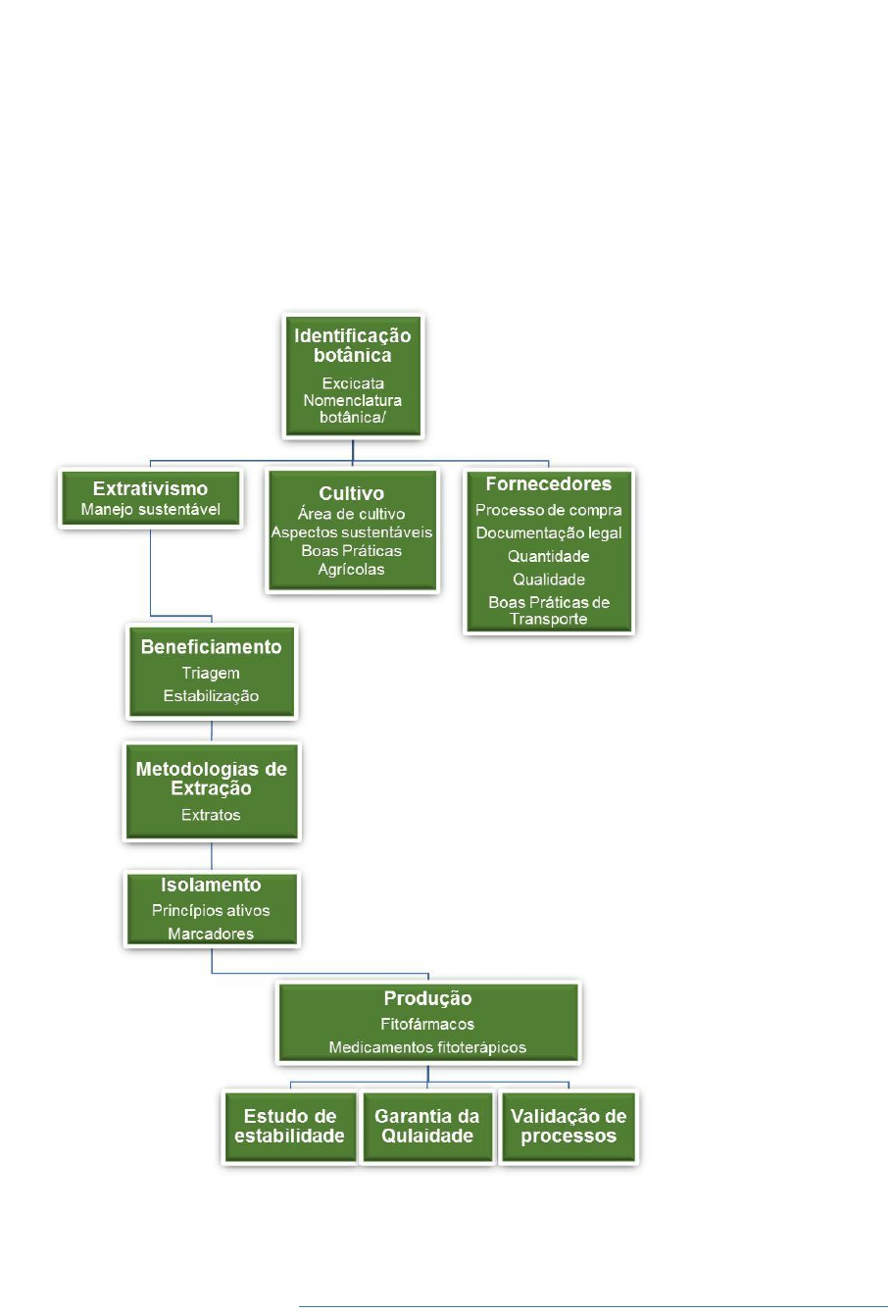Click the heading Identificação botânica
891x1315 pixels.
[x=352, y=345]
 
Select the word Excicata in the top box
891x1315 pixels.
[x=353, y=383]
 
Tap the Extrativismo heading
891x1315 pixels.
[x=150, y=488]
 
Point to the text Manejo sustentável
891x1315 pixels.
[x=150, y=510]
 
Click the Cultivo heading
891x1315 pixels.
[x=351, y=493]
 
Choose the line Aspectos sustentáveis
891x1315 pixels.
[x=351, y=532]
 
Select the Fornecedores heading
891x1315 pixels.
[x=548, y=483]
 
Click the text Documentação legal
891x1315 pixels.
[x=548, y=533]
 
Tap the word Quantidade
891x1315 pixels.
[x=548, y=556]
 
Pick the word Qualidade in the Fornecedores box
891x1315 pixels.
[x=548, y=580]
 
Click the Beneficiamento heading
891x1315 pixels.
[x=212, y=647]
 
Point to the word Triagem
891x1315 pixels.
[x=211, y=674]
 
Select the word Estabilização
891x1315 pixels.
[x=211, y=696]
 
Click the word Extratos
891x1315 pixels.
[x=211, y=815]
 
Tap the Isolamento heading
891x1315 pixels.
[x=211, y=885]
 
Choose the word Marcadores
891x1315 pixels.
[x=211, y=934]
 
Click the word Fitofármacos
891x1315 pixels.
[x=427, y=1024]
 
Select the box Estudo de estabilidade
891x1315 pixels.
[x=290, y=1126]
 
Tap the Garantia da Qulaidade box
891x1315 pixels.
[x=427, y=1126]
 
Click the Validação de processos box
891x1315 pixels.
[x=569, y=1126]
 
